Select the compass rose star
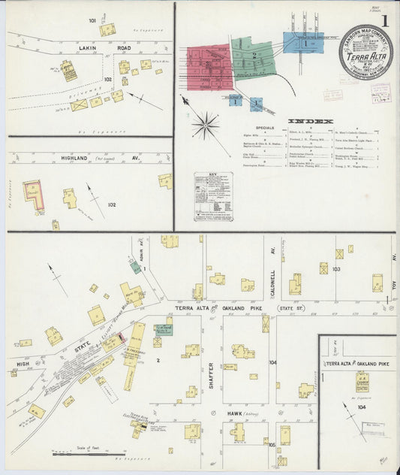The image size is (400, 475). click(x=205, y=124)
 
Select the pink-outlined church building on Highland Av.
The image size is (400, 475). click(x=32, y=192)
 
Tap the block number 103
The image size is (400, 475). click(x=336, y=268)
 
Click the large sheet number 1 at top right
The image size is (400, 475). click(x=384, y=22)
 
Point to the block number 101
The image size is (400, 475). click(x=92, y=20)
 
